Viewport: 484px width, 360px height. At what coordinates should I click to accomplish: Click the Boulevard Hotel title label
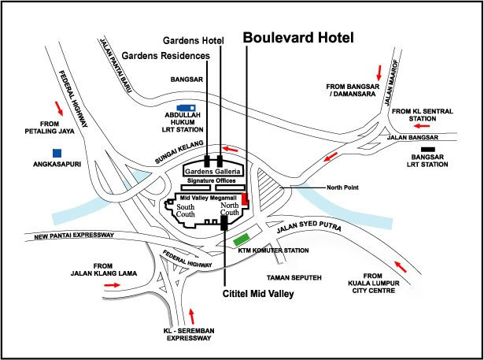point(298,37)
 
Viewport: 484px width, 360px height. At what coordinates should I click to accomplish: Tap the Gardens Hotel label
point(192,39)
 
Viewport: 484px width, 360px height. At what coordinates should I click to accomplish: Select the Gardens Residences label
point(165,56)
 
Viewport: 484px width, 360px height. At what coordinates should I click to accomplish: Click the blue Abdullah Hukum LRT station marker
point(187,108)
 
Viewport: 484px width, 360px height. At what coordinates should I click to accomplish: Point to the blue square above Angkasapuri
point(57,151)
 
